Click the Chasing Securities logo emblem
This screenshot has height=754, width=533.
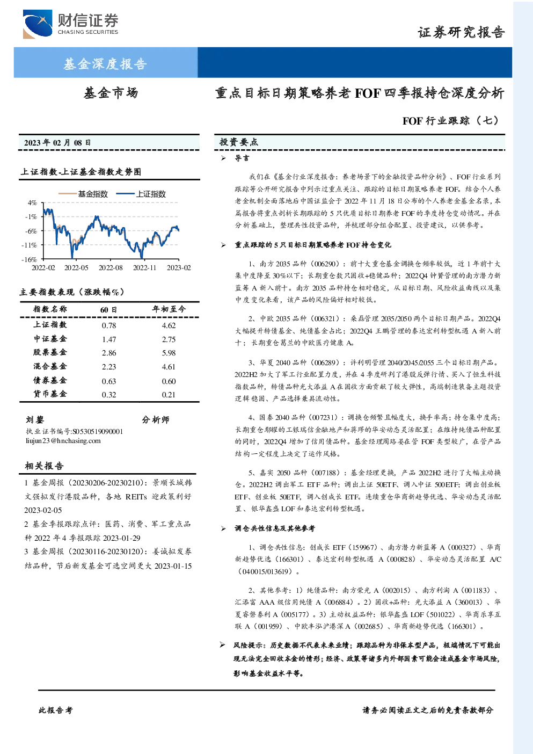point(38,24)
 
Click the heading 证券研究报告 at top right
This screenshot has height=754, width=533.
point(461,32)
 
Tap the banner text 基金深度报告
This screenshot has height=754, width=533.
point(105,63)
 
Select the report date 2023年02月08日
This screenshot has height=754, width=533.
point(57,143)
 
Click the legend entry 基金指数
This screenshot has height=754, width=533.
point(83,194)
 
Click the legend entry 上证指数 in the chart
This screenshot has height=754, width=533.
point(141,194)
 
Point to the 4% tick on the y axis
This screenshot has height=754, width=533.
point(32,202)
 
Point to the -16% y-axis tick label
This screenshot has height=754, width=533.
point(30,259)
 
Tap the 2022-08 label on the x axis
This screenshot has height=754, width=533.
point(111,267)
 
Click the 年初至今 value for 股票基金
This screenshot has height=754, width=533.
point(169,353)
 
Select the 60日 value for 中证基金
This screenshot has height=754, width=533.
point(109,339)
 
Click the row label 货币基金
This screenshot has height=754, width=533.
point(50,394)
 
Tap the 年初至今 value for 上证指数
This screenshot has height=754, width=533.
point(169,325)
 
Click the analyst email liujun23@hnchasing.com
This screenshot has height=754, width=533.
point(63,441)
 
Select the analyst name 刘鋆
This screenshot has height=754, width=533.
point(35,420)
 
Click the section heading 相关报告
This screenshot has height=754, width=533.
point(44,466)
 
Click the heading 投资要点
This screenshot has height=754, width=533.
point(239,142)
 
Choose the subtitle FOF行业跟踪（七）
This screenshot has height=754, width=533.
point(451,120)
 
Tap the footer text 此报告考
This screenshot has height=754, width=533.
point(55,711)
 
